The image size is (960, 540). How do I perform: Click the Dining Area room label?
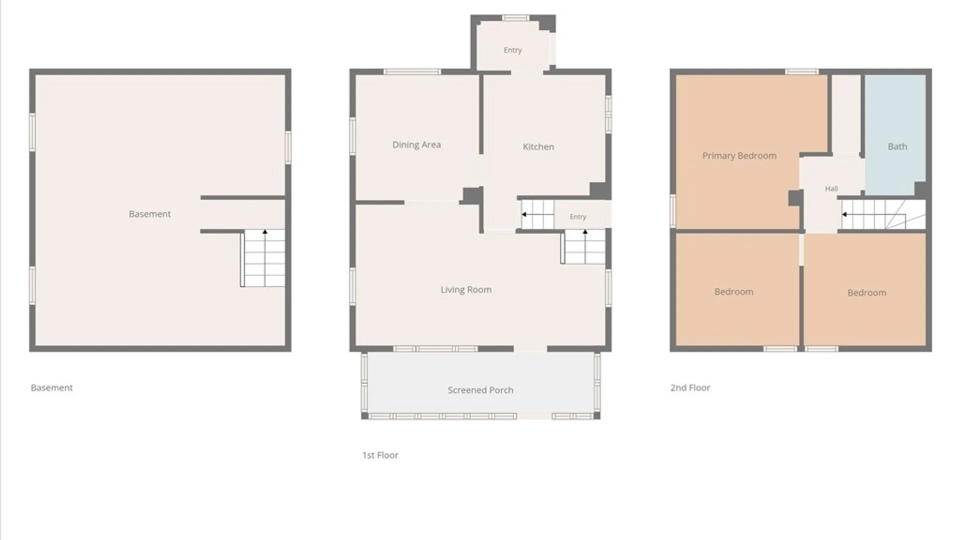pyautogui.click(x=416, y=144)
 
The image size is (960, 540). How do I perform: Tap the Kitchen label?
pyautogui.click(x=538, y=146)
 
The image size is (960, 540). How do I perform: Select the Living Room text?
pyautogui.click(x=466, y=289)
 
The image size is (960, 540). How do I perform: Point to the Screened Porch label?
pyautogui.click(x=480, y=390)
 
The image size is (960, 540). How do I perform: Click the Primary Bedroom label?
pyautogui.click(x=739, y=155)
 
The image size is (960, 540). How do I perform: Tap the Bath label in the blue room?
pyautogui.click(x=897, y=146)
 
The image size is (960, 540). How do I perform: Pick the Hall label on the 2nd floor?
pyautogui.click(x=831, y=188)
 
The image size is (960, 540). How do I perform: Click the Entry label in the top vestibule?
pyautogui.click(x=512, y=50)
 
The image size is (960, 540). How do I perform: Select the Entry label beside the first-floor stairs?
pyautogui.click(x=578, y=216)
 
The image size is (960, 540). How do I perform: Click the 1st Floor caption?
pyautogui.click(x=380, y=455)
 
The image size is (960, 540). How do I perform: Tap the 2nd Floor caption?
pyautogui.click(x=690, y=387)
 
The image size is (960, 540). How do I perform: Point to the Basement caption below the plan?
pyautogui.click(x=51, y=387)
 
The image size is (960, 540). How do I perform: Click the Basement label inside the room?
pyautogui.click(x=149, y=214)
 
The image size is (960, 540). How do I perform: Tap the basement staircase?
pyautogui.click(x=263, y=258)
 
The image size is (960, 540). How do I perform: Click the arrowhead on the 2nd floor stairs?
pyautogui.click(x=844, y=214)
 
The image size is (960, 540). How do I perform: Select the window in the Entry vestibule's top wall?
pyautogui.click(x=515, y=18)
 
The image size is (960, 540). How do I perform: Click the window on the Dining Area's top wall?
pyautogui.click(x=412, y=72)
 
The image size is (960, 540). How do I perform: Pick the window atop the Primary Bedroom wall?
pyautogui.click(x=801, y=72)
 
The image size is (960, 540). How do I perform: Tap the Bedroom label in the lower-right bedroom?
pyautogui.click(x=866, y=292)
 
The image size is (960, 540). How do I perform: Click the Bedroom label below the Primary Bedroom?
pyautogui.click(x=733, y=291)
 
